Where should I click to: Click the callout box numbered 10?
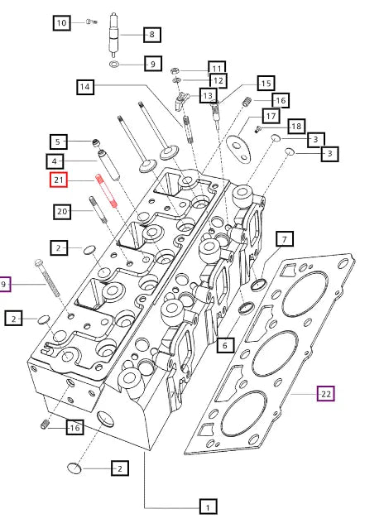point(62,23)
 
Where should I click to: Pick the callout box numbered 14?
point(86,86)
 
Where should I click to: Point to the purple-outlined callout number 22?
point(326,394)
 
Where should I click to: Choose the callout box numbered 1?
point(209,505)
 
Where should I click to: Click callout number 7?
point(283,240)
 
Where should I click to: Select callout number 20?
point(62,212)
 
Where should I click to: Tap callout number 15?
point(265,83)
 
